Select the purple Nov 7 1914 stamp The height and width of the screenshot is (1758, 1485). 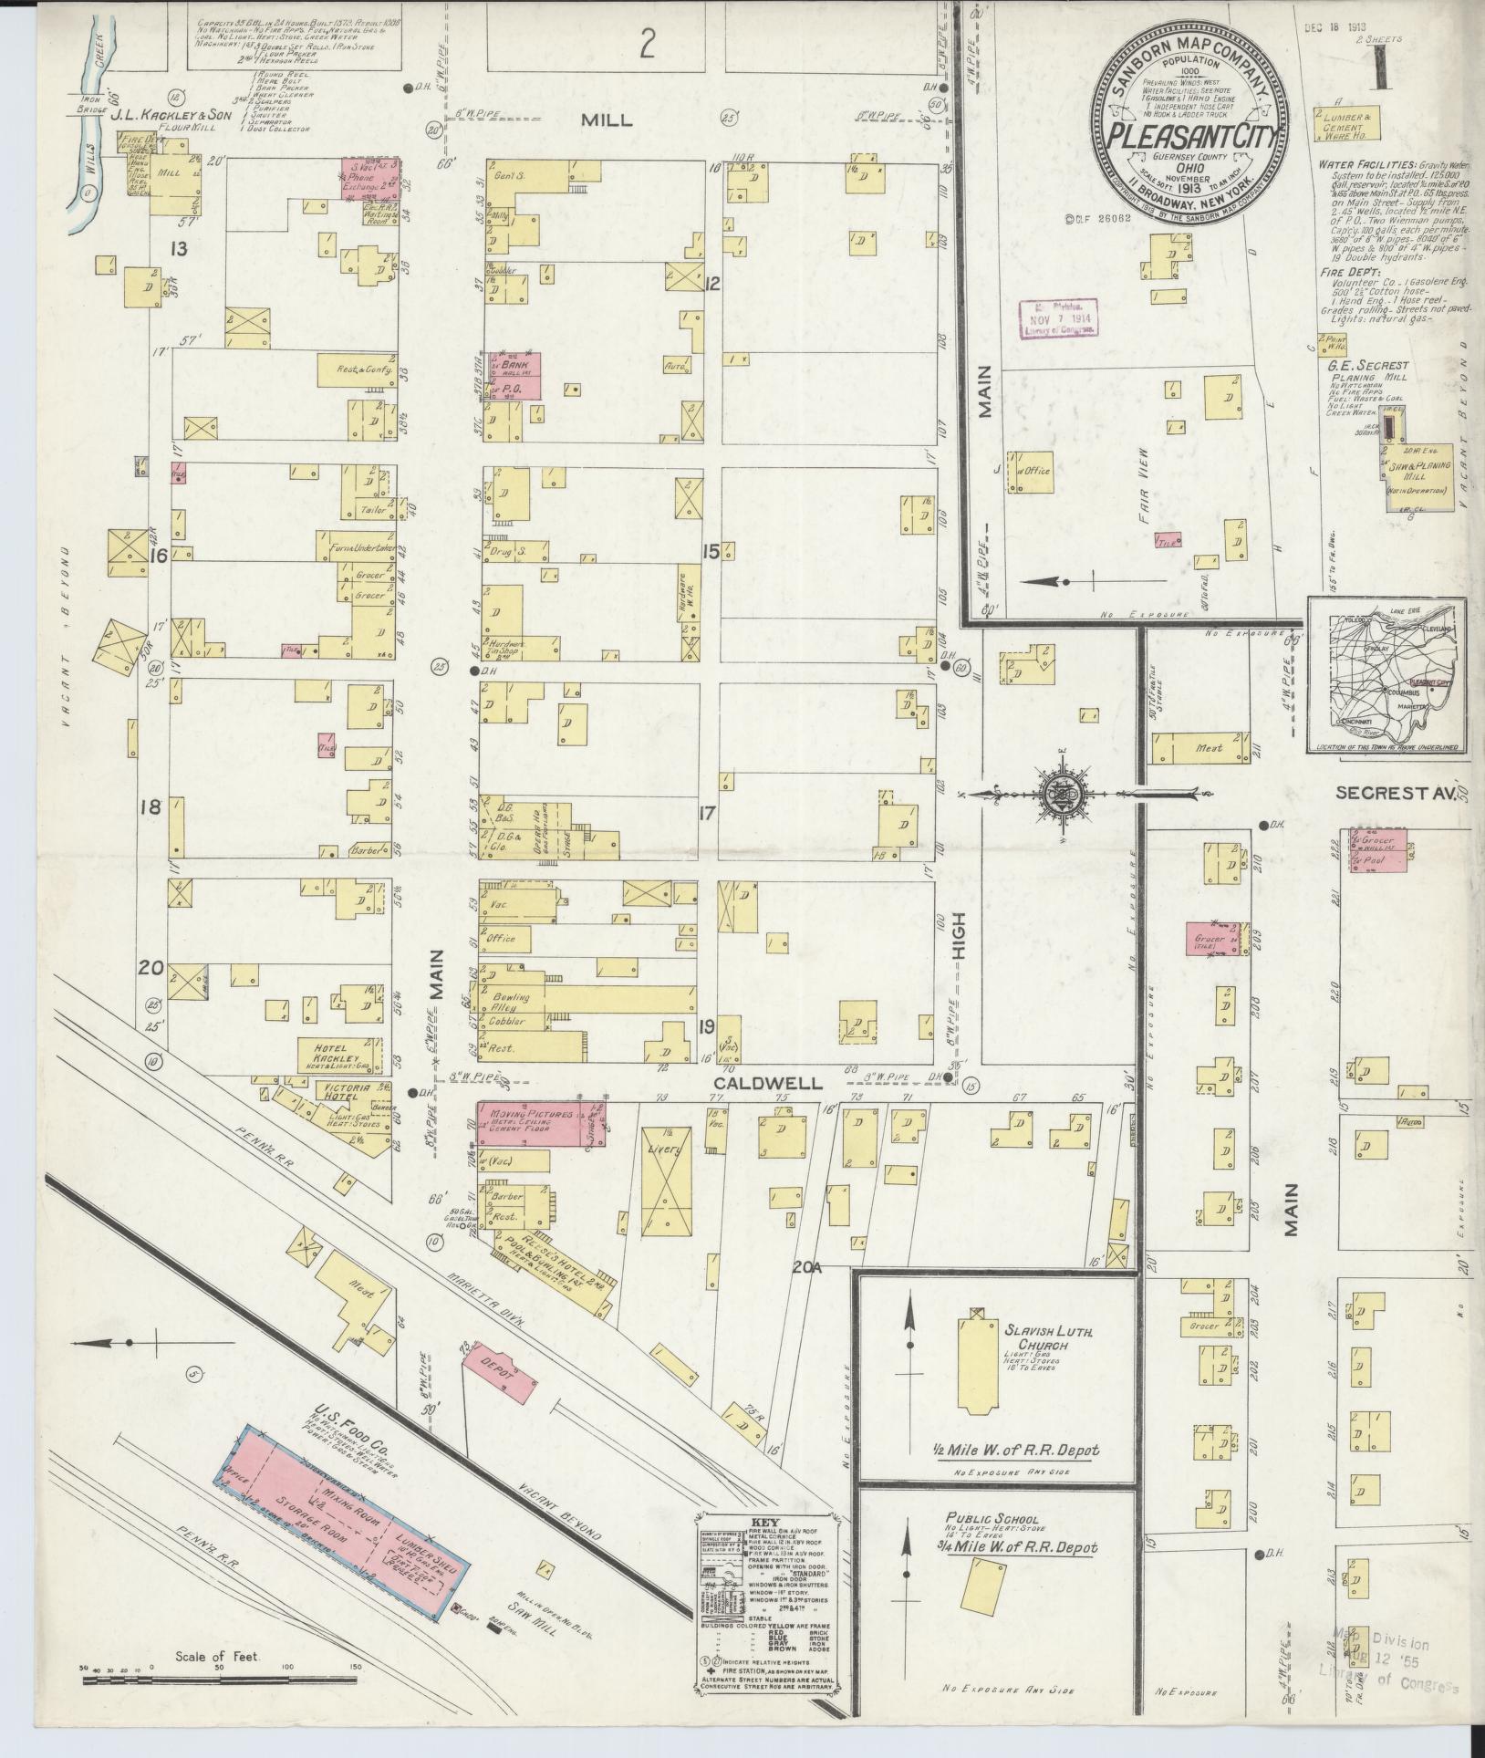(x=1057, y=320)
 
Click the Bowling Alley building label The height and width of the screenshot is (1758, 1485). (x=503, y=1002)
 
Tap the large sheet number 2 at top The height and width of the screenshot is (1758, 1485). (x=647, y=46)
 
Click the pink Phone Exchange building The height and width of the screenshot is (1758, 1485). (x=370, y=178)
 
